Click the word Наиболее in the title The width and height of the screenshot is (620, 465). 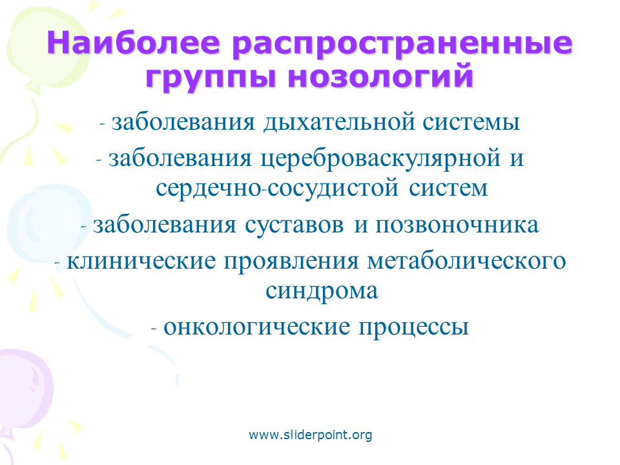pyautogui.click(x=133, y=43)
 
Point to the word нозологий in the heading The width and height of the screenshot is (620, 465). pyautogui.click(x=381, y=76)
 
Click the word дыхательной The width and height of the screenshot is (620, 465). pyautogui.click(x=338, y=122)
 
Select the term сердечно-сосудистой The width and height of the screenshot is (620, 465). pyautogui.click(x=277, y=188)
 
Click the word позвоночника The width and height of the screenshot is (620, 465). pyautogui.click(x=457, y=225)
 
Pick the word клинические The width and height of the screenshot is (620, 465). pyautogui.click(x=141, y=262)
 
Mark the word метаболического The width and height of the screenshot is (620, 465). pyautogui.click(x=466, y=262)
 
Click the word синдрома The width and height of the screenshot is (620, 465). pyautogui.click(x=322, y=292)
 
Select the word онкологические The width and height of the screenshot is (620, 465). pyautogui.click(x=257, y=327)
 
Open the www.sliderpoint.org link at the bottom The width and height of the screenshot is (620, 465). pyautogui.click(x=311, y=435)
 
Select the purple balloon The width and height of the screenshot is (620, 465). pyautogui.click(x=24, y=391)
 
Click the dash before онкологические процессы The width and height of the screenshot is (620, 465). pyautogui.click(x=154, y=329)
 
